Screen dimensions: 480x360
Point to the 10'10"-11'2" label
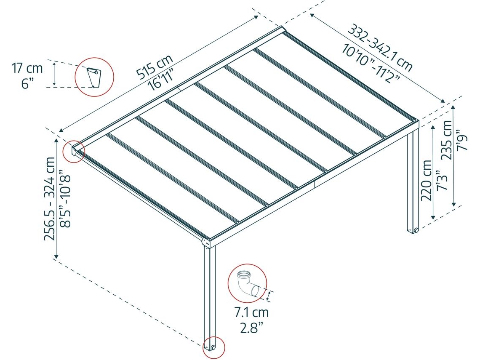pos(371,63)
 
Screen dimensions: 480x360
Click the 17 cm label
pos(27,68)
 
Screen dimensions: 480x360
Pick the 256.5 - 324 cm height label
pos(50,199)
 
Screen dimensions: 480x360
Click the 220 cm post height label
pos(427,180)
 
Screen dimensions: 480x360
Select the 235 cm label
pos(447,140)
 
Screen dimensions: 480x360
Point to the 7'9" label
pos(462,141)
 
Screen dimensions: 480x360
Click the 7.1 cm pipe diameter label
pos(252,312)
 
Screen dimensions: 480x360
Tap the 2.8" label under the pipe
pos(252,328)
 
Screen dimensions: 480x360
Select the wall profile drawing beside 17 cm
pos(94,77)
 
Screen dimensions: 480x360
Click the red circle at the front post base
pos(213,347)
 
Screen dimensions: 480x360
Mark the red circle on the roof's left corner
pos(73,152)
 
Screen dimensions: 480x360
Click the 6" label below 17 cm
pos(27,83)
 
